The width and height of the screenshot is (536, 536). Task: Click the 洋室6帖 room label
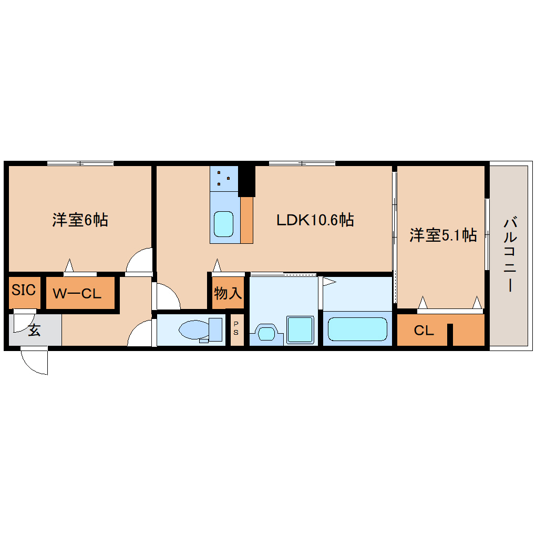[x=80, y=220]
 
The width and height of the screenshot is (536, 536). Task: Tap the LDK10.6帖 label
[x=315, y=220]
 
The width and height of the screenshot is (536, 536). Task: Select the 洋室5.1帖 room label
[x=443, y=235]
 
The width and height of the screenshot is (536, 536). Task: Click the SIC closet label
[x=24, y=290]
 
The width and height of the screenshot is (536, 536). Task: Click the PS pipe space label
[x=236, y=328]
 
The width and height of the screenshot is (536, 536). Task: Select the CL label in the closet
[x=424, y=331]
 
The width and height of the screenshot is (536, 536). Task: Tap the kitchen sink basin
[x=224, y=224]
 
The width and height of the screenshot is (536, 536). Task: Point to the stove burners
[x=224, y=178]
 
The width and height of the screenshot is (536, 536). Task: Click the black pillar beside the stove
[x=246, y=181]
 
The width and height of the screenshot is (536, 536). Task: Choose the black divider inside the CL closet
[x=450, y=335]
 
